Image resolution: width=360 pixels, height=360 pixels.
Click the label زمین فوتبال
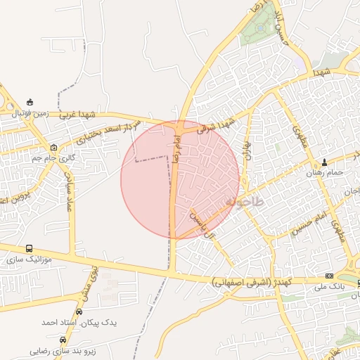tap(30, 113)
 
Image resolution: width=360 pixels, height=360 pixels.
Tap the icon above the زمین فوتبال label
tap(30, 102)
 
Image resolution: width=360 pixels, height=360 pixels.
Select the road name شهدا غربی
tap(77, 115)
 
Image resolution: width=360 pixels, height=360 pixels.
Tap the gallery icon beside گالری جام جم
tap(55, 147)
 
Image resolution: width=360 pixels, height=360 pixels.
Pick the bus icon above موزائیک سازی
tap(29, 248)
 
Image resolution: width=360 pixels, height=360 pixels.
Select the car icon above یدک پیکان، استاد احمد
tap(79, 311)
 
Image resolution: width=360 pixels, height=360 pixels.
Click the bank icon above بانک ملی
tap(330, 275)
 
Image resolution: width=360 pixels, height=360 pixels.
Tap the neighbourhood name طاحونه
tap(245, 202)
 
